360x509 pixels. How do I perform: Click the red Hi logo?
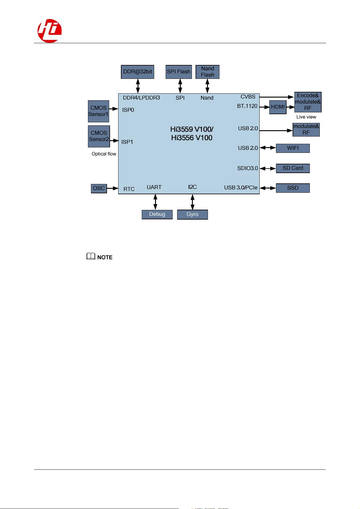tap(50, 31)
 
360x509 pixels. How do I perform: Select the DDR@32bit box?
tap(138, 72)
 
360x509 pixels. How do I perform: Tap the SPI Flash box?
tap(179, 72)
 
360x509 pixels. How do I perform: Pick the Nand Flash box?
tap(207, 72)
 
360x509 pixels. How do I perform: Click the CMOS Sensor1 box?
tap(99, 111)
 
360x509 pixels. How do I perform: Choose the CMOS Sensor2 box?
tap(99, 136)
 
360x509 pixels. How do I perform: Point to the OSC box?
tap(99, 188)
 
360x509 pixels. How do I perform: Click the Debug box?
tap(157, 214)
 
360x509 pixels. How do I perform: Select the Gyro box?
tap(193, 214)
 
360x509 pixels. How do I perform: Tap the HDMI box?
tap(278, 107)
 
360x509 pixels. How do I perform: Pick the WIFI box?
tap(293, 148)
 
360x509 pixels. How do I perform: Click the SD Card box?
tap(293, 168)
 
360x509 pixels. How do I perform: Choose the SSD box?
tap(293, 188)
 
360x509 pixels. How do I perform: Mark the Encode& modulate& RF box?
tap(308, 102)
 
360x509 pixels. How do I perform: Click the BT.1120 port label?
tap(247, 106)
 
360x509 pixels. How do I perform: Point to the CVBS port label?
tap(248, 97)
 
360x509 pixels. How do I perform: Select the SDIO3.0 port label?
tap(248, 168)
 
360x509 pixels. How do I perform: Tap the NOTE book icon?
tap(90, 257)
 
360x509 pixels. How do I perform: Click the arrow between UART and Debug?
tap(155, 202)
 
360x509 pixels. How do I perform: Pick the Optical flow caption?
tap(104, 154)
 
